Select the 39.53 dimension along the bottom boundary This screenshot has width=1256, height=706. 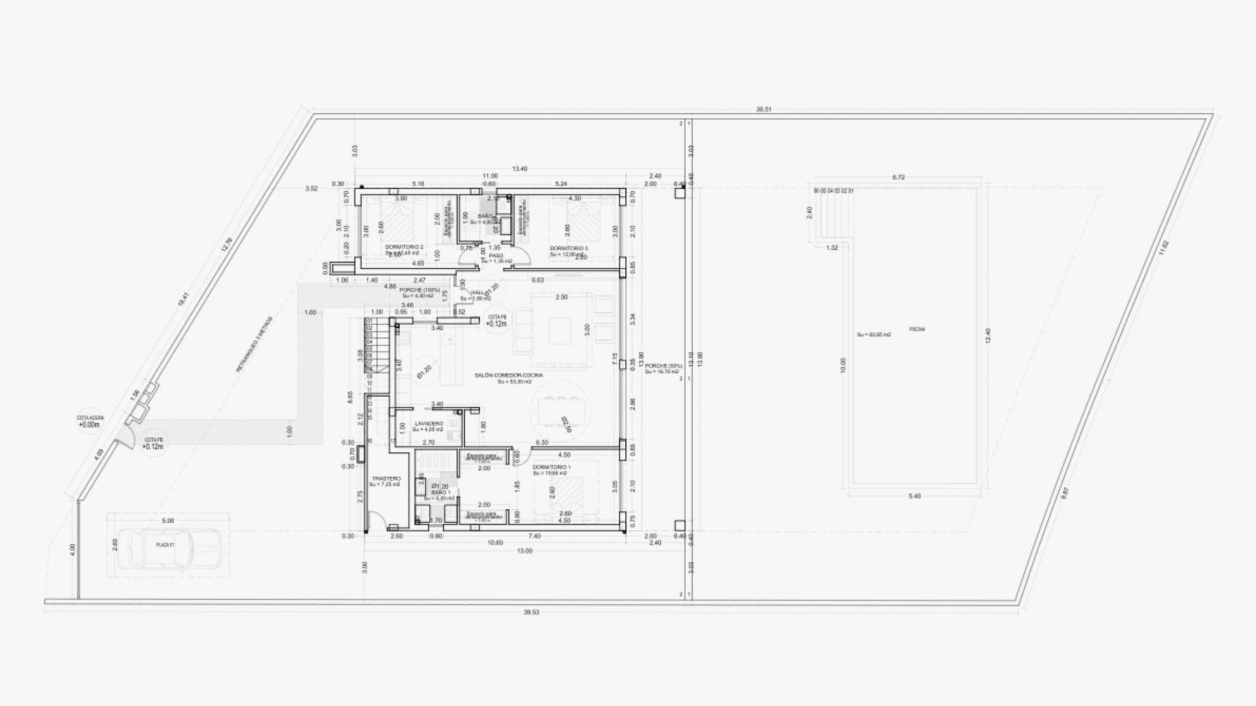click(531, 613)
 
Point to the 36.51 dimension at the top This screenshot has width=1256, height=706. click(763, 110)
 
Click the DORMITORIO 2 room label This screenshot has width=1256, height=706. click(404, 247)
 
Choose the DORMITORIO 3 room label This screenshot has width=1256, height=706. click(568, 248)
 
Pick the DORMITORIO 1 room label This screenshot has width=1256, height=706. click(551, 467)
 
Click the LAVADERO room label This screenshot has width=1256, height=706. click(428, 424)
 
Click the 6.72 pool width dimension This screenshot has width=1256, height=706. click(898, 177)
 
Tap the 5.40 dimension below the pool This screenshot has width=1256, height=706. click(915, 496)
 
